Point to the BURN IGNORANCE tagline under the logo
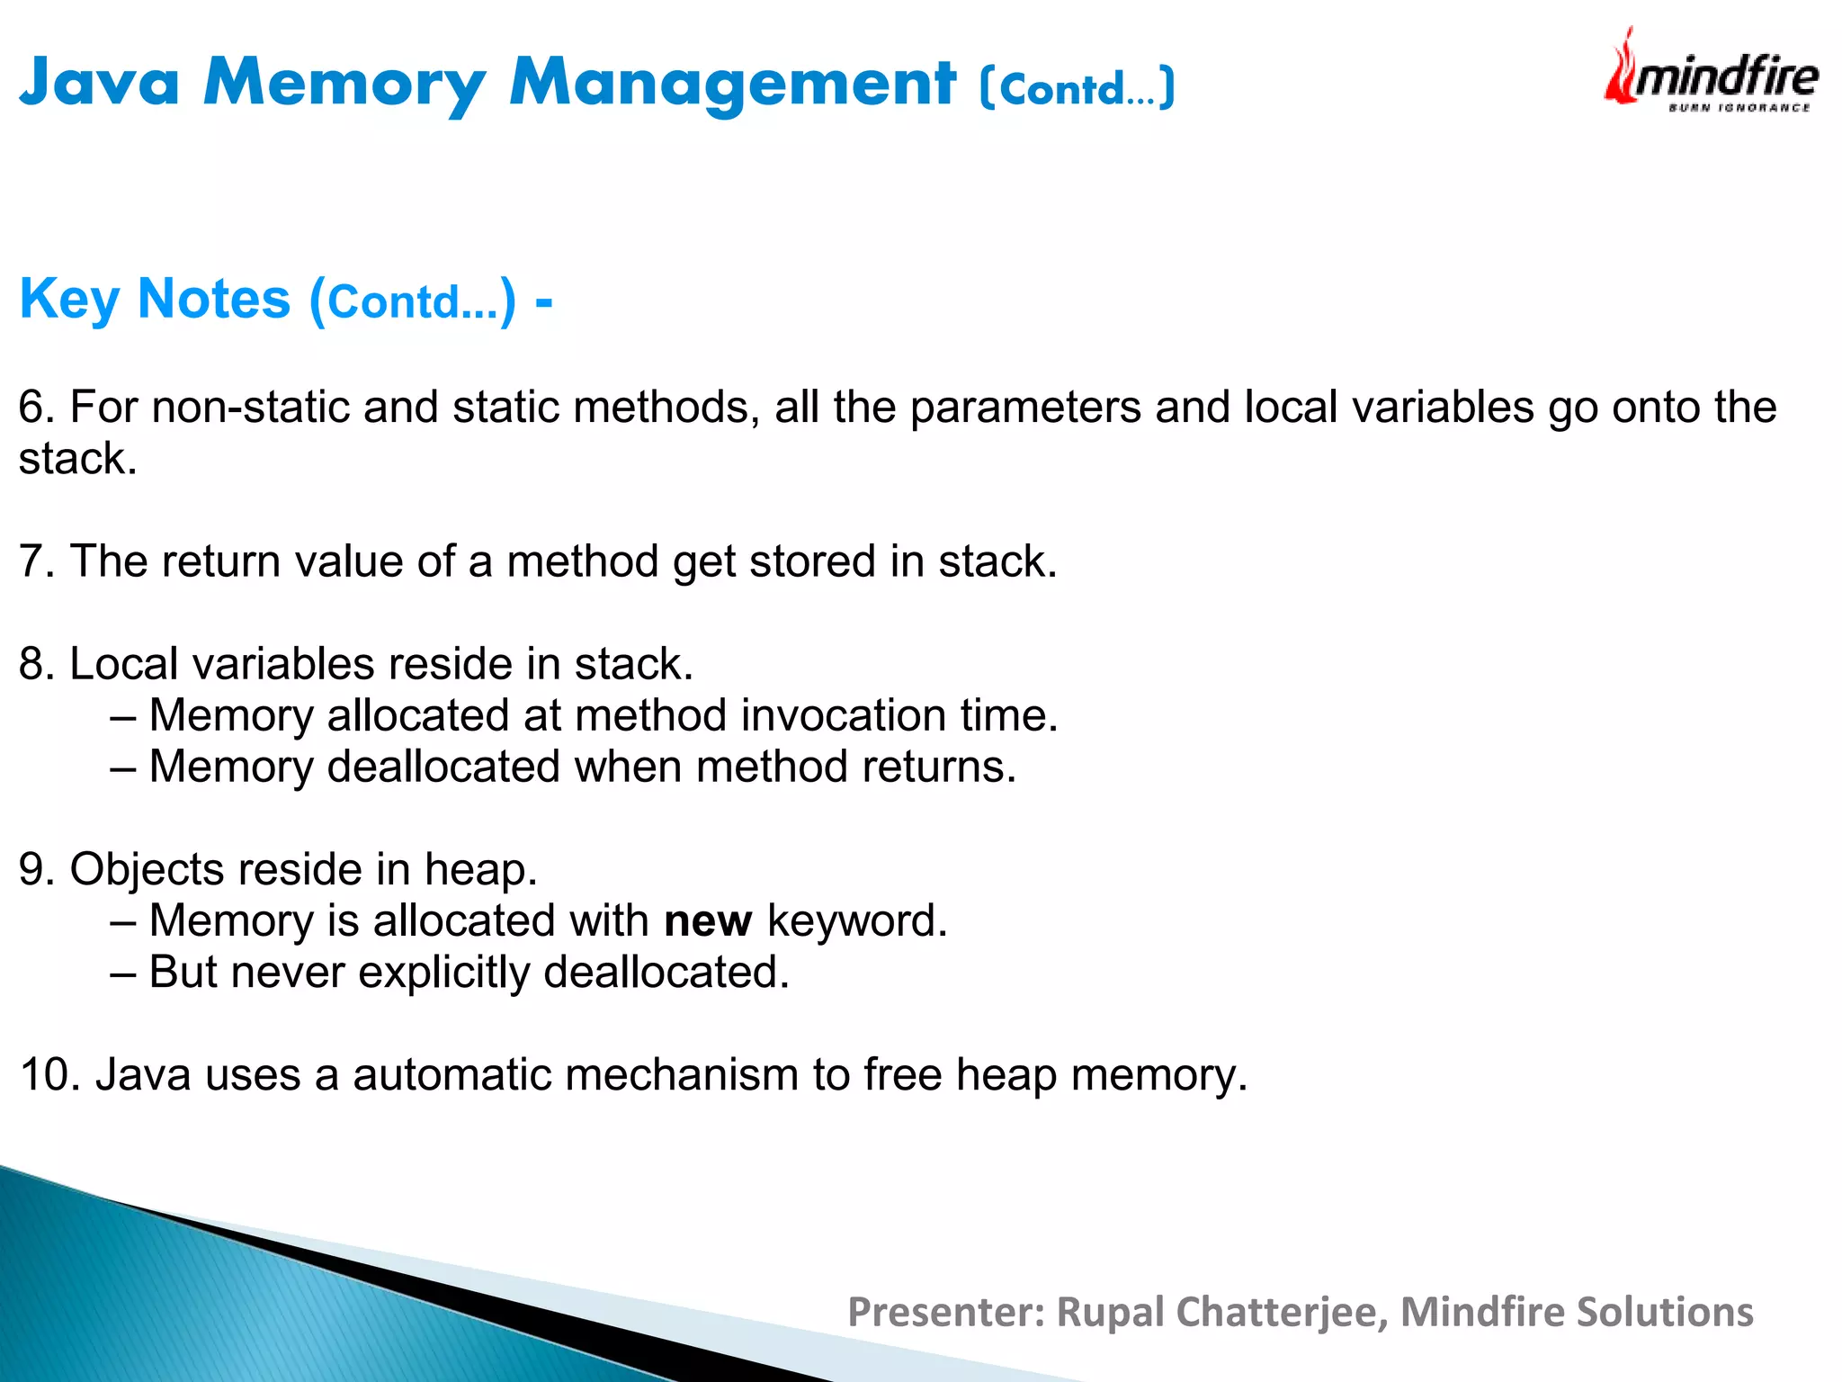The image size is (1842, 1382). tap(1739, 108)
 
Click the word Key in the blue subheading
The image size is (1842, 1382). tap(69, 300)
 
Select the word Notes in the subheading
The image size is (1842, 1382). tap(214, 299)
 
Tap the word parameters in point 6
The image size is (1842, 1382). tap(1025, 407)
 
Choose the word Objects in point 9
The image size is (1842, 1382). tap(147, 870)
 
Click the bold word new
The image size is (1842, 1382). tap(708, 921)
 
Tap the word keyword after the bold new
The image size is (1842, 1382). tap(857, 921)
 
